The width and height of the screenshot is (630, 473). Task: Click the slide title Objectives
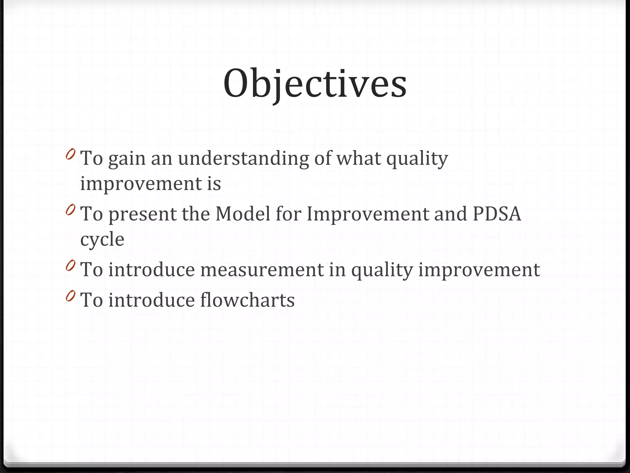pos(315,84)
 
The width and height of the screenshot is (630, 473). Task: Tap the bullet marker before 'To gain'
pos(70,154)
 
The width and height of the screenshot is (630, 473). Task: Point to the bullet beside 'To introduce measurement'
pos(70,265)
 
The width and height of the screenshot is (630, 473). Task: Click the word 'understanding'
pos(243,159)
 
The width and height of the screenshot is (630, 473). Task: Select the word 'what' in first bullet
pos(359,159)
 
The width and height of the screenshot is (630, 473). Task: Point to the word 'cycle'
pos(102,240)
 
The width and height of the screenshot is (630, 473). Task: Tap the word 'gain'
pos(127,159)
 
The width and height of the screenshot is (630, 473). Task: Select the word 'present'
pos(143,214)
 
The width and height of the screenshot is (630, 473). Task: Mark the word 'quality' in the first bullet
pos(417,159)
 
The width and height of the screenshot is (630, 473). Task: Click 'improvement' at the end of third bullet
pos(479,270)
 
